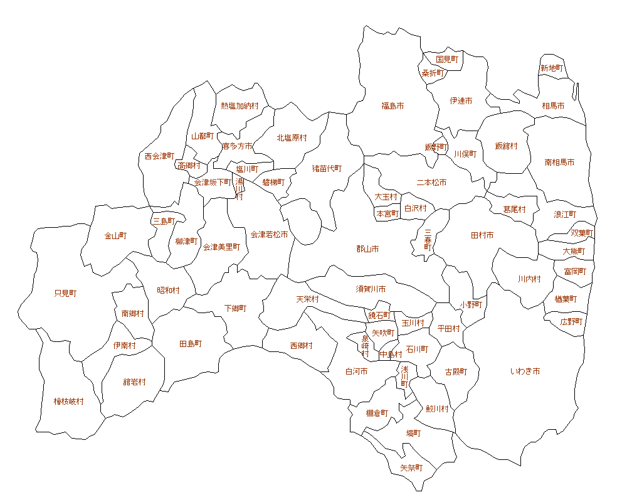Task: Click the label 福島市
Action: click(393, 106)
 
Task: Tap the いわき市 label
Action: click(525, 371)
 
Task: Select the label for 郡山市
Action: click(367, 249)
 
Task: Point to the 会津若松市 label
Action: click(269, 235)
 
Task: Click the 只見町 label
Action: click(65, 293)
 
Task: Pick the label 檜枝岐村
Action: click(68, 402)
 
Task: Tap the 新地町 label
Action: click(552, 68)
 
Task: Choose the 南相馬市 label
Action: click(559, 162)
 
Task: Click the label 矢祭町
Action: click(411, 468)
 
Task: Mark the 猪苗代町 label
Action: click(327, 168)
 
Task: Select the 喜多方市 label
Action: click(237, 146)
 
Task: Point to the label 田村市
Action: click(482, 235)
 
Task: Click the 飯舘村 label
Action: click(506, 146)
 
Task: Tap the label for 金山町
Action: click(115, 236)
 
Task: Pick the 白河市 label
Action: click(356, 371)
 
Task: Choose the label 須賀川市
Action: click(371, 289)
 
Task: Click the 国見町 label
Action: click(447, 59)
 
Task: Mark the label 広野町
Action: click(571, 321)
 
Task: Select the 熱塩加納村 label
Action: click(240, 106)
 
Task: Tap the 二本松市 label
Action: click(431, 183)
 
